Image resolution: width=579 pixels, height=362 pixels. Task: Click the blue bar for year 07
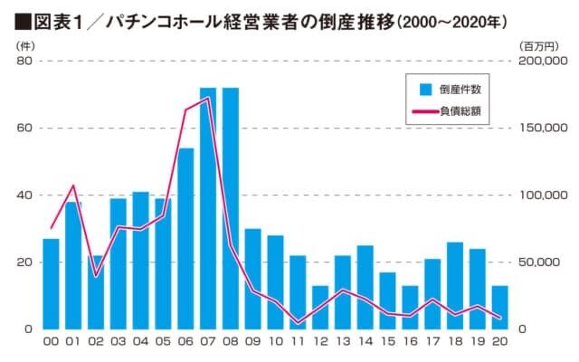point(208,208)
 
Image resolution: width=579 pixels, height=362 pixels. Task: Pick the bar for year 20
point(499,307)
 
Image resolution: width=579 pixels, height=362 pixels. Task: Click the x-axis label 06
point(185,343)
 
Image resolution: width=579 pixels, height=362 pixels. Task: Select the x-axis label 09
point(252,343)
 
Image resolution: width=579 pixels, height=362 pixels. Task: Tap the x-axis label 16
point(410,343)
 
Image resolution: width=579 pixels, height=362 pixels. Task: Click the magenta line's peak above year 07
point(208,99)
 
